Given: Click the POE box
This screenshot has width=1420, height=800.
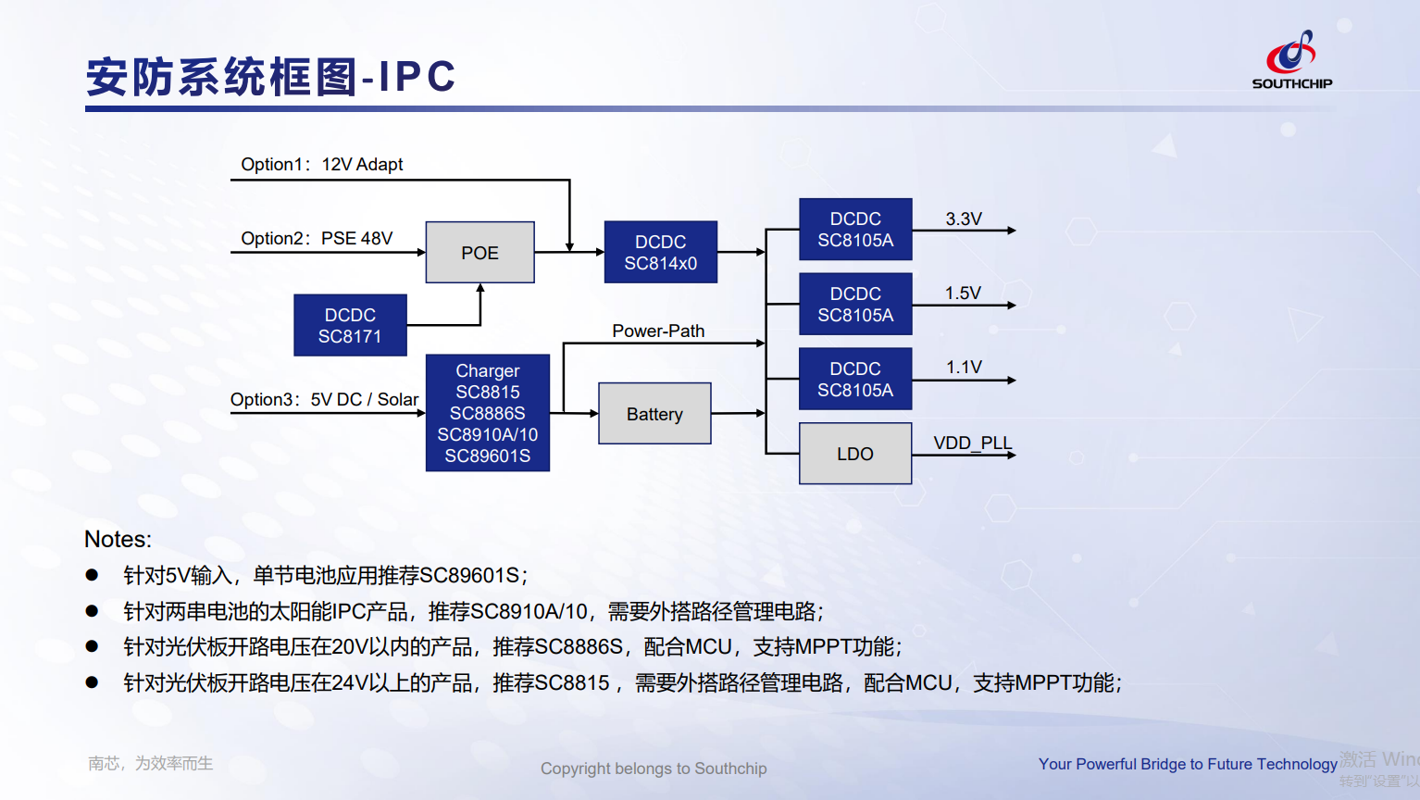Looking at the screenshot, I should click(x=480, y=252).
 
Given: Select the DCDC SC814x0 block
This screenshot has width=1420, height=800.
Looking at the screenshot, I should click(x=660, y=252).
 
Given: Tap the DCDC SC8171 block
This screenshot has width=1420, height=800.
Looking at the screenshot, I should click(x=350, y=325).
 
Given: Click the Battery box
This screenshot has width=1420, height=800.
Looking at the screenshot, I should click(x=654, y=414).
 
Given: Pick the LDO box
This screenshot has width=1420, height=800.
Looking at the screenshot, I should click(x=854, y=454).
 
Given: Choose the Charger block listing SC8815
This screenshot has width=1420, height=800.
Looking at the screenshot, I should click(x=487, y=413).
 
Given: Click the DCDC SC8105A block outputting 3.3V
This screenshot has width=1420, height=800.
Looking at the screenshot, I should click(x=855, y=229).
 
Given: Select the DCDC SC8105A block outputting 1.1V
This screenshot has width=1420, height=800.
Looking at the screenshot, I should click(x=855, y=379).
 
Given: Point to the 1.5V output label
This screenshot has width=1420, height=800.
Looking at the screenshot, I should click(x=963, y=293).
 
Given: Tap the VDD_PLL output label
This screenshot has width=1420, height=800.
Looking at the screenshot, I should click(x=972, y=443).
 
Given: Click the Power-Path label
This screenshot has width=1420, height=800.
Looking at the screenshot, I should click(x=658, y=331).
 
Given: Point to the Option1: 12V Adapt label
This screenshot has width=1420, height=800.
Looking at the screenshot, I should click(x=321, y=164).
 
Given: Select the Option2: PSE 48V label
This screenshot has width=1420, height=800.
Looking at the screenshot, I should click(x=317, y=238).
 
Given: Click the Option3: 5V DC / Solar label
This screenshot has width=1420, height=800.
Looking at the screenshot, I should click(x=324, y=399).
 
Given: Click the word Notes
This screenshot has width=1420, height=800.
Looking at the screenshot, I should click(x=118, y=539).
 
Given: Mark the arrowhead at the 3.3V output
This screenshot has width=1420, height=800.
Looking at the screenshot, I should click(x=1012, y=231).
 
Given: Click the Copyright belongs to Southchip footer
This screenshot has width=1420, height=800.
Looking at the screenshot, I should click(x=654, y=769).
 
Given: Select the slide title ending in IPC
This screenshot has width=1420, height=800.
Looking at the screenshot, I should click(x=270, y=77).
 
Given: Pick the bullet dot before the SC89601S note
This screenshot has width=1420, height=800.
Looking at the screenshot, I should click(x=92, y=575).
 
